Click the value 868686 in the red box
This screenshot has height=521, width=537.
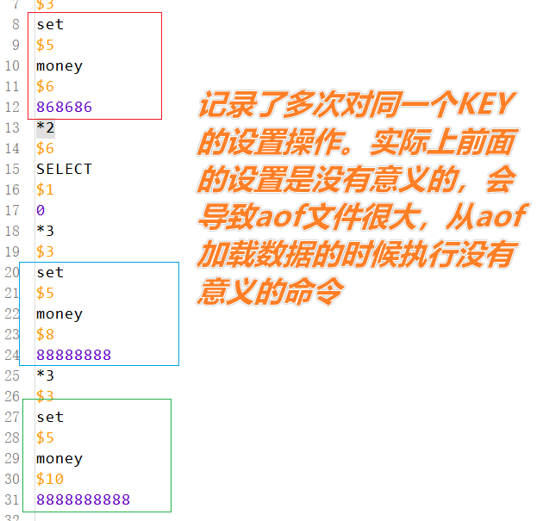(x=64, y=107)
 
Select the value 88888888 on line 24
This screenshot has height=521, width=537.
(x=73, y=355)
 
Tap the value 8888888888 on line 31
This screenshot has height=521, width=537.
(x=83, y=499)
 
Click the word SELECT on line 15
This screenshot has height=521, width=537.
(x=64, y=169)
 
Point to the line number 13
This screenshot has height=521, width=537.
(x=11, y=127)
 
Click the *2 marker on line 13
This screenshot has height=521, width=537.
(x=45, y=127)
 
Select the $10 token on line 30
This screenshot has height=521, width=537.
(x=50, y=479)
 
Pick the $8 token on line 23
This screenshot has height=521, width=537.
(x=45, y=334)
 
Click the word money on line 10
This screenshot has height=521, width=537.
(x=59, y=65)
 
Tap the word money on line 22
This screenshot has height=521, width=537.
(x=59, y=313)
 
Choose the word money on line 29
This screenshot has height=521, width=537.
(x=59, y=458)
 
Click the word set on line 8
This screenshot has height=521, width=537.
(x=50, y=24)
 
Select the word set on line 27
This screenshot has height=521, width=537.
(x=50, y=417)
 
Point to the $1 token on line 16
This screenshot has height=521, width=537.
(x=45, y=189)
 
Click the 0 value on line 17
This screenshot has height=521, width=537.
(x=41, y=210)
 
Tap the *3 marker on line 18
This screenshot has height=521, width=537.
(x=45, y=231)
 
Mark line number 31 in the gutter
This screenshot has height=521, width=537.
(x=11, y=499)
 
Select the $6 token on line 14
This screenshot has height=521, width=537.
(x=45, y=148)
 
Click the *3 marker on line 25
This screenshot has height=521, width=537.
(x=45, y=375)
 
